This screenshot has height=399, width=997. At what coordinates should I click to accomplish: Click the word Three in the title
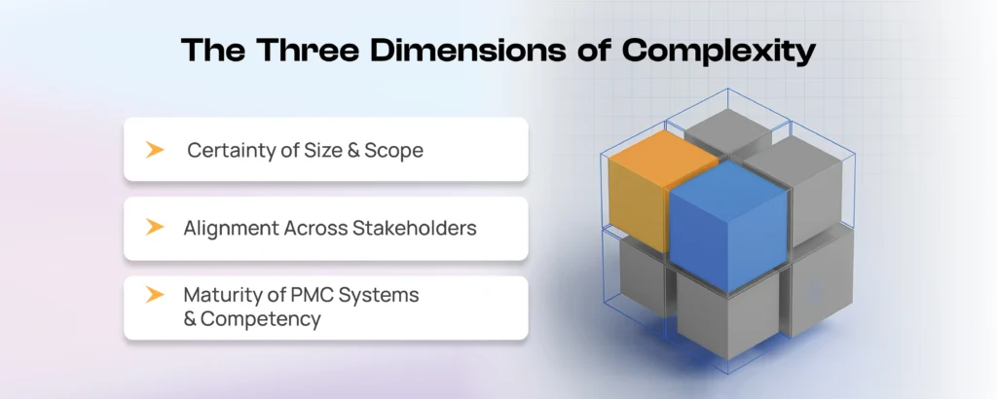(x=307, y=51)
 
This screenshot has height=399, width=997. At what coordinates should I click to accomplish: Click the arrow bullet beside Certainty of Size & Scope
(x=155, y=150)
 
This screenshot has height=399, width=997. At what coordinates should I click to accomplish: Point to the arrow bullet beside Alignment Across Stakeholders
(x=155, y=227)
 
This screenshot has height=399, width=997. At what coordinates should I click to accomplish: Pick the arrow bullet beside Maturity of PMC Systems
(x=155, y=295)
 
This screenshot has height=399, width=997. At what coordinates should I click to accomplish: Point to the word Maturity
(x=218, y=296)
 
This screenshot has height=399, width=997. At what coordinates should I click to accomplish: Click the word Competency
(x=261, y=319)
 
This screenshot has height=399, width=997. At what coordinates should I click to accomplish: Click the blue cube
(x=728, y=229)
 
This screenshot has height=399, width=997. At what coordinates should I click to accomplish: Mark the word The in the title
(x=213, y=51)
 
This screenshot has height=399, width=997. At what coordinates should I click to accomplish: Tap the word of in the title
(x=590, y=51)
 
